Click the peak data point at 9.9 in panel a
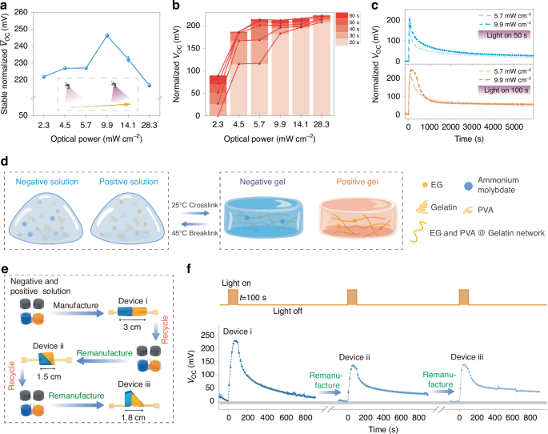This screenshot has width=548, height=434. point(106,35)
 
